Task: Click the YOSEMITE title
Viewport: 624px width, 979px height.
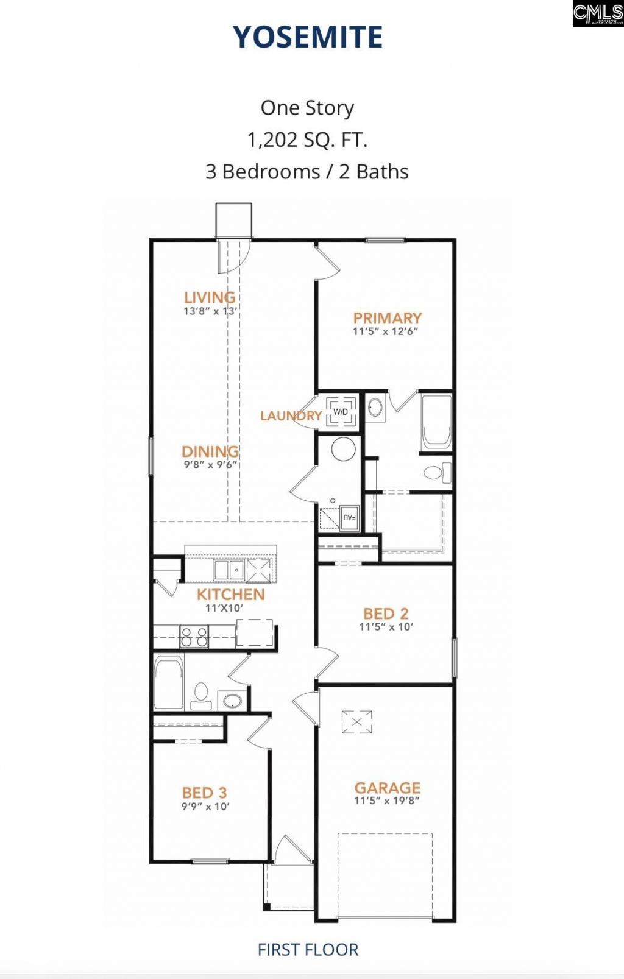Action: coord(308,37)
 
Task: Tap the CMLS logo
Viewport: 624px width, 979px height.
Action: coord(598,13)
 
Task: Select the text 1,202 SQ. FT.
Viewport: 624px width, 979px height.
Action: coord(307,140)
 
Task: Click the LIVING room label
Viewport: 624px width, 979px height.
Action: coord(210,297)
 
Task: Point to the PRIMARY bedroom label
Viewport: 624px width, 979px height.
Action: coord(387,318)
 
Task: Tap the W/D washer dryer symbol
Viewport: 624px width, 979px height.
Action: coord(341,412)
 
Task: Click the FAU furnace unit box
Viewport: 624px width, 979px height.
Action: coord(349,518)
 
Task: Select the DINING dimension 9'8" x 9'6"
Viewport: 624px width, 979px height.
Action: coord(210,465)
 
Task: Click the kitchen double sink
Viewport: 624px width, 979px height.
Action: coord(229,571)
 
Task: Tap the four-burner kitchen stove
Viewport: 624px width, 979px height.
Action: coord(194,637)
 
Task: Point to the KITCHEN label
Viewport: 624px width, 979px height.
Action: coord(230,595)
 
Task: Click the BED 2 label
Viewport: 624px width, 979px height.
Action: coord(386,613)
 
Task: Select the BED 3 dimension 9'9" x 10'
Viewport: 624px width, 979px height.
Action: coord(205,807)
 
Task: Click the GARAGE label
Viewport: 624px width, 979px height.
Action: coord(388,788)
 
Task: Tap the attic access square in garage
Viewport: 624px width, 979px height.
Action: coord(356,723)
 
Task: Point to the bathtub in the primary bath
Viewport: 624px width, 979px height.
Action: coord(436,422)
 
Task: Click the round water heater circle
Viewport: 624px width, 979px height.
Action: coord(343,450)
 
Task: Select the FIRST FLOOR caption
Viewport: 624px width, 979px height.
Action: coord(308,950)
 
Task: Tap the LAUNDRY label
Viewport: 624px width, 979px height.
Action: coord(291,415)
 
